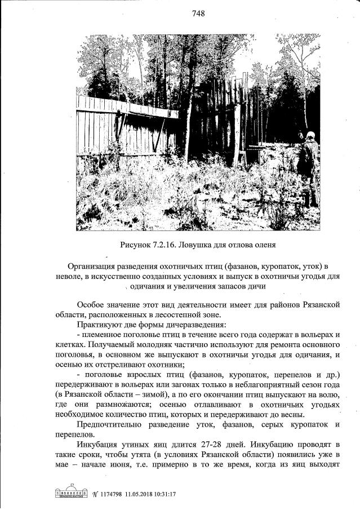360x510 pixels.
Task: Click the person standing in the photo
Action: click(x=308, y=163)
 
